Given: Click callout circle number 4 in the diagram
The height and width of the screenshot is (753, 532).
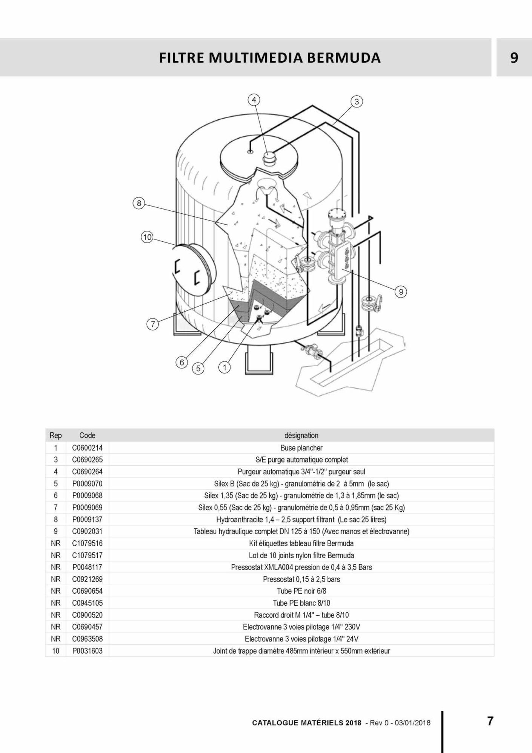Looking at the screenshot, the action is [254, 100].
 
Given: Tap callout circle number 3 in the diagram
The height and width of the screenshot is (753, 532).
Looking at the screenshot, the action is [357, 102].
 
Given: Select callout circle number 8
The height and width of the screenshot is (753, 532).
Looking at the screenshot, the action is [139, 203].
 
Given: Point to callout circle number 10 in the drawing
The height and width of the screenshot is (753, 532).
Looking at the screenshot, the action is [147, 237].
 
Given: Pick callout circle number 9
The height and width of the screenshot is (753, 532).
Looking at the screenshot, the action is [401, 292].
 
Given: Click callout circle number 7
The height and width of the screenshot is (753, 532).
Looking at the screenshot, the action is [152, 324].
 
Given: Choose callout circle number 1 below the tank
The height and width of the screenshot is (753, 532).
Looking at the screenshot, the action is [224, 367].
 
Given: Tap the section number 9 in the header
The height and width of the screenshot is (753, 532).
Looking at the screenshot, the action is [514, 58].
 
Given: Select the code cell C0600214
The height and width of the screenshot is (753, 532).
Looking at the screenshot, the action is [88, 448].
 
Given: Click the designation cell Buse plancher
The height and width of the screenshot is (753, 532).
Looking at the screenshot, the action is [301, 448].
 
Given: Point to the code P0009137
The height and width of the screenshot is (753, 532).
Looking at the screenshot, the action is [88, 520].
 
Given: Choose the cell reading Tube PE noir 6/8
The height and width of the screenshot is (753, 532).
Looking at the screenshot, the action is [301, 591].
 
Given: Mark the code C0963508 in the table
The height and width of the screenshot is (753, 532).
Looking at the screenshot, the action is [88, 639].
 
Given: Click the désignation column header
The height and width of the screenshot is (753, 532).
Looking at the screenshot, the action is [301, 435].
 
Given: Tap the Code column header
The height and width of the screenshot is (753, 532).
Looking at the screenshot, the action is [87, 435].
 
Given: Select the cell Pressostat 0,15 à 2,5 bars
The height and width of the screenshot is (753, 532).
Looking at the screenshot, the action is [301, 579].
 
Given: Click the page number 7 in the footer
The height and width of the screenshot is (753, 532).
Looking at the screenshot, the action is [490, 721].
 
